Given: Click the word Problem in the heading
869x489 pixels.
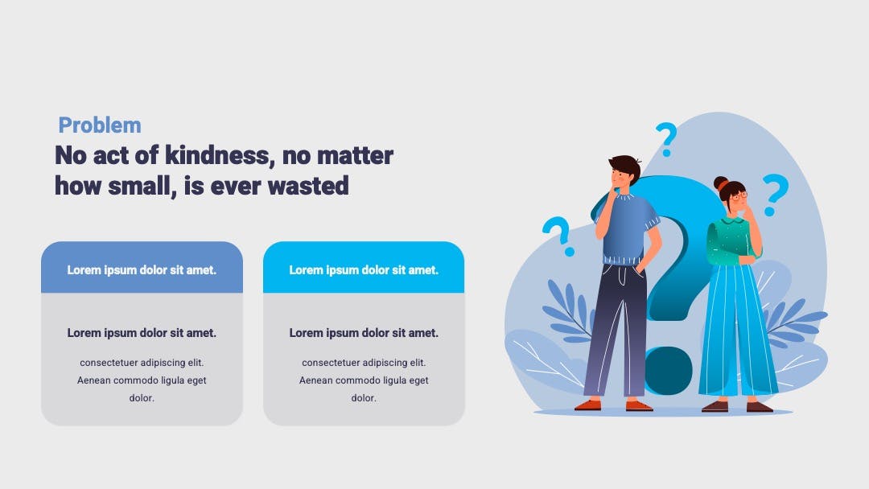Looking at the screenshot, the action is (x=100, y=125).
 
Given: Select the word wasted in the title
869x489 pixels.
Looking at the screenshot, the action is (x=308, y=186).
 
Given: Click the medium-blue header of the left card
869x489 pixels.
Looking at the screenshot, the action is (x=142, y=267).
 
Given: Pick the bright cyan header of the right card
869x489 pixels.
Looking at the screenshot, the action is (x=364, y=267).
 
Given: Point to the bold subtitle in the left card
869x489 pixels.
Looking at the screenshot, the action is (x=142, y=333).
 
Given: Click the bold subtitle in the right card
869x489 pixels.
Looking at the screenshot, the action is (x=364, y=333).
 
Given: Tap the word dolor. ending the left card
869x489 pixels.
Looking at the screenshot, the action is (x=142, y=397).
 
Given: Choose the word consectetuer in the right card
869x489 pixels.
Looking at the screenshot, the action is (x=331, y=363).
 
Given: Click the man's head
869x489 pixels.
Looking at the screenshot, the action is (x=624, y=171).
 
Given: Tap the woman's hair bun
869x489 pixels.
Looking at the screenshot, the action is (x=720, y=183).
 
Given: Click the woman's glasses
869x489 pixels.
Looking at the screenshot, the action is (x=739, y=195).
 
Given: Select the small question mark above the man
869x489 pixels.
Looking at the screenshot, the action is (x=666, y=139).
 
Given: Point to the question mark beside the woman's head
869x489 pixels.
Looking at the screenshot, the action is (x=775, y=195).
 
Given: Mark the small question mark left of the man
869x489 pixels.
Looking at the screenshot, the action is (x=559, y=236).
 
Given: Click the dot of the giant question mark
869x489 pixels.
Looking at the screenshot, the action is (x=669, y=371).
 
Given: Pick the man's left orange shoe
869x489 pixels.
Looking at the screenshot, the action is (x=587, y=405).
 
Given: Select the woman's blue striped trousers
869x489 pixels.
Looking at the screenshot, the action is (x=736, y=330).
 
